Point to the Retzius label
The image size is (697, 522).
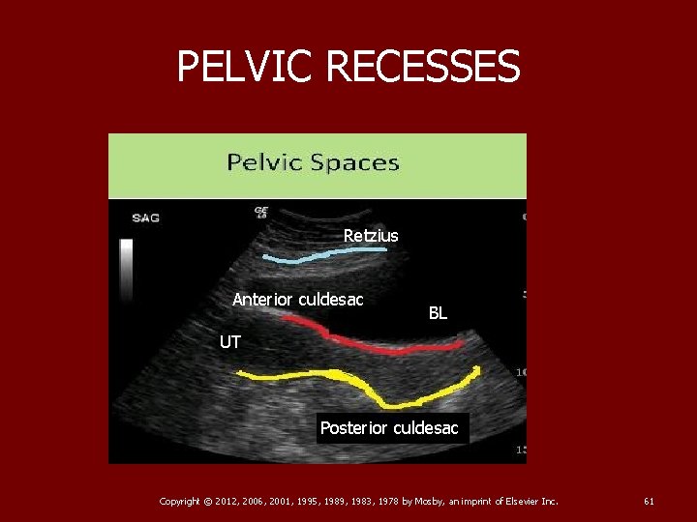point(371,235)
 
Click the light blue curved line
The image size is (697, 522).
point(329,255)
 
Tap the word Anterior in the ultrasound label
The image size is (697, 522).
point(263,300)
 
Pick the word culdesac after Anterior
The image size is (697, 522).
point(331,300)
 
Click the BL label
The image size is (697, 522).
point(438,313)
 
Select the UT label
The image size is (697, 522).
point(230,342)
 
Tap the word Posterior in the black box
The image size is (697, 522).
point(355,427)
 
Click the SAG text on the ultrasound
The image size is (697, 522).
point(145,217)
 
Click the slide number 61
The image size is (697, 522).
point(649,501)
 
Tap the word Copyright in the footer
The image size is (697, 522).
point(180,501)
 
